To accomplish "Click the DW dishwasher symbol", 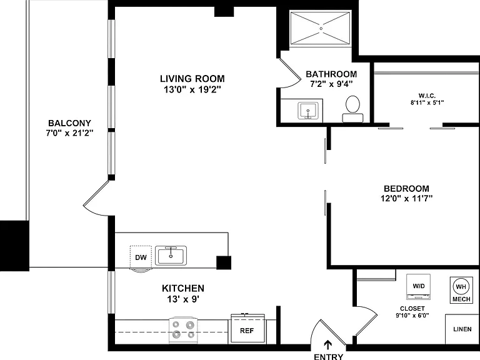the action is [x=141, y=257].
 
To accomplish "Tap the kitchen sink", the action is [x=171, y=255].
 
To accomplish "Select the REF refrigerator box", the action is [x=247, y=329].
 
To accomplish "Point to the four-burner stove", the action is [x=183, y=330].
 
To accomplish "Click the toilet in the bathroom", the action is [x=352, y=109].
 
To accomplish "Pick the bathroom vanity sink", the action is [x=308, y=111].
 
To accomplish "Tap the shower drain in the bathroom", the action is [x=321, y=29].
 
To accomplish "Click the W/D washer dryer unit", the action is [x=419, y=287].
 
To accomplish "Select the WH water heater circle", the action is [x=461, y=286].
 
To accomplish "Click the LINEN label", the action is [x=462, y=329].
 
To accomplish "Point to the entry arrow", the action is [x=328, y=345].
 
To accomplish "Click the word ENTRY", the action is [x=329, y=357].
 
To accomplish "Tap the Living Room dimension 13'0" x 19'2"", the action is [x=192, y=90].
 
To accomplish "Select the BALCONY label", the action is [x=69, y=123].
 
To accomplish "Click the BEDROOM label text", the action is [x=406, y=188].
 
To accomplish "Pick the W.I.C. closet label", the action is [x=427, y=96].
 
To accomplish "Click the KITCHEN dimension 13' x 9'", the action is [x=183, y=299].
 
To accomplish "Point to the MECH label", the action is [x=461, y=299].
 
